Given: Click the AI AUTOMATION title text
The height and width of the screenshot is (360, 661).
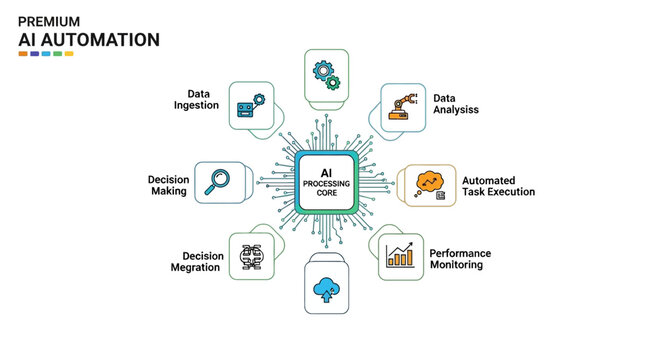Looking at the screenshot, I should coord(88,39).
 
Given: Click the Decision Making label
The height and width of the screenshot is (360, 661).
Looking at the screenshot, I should coord(168,185).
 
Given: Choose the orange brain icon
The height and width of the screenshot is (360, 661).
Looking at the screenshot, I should coord(430,183).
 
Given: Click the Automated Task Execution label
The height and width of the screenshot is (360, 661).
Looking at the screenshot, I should coord(498,185).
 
